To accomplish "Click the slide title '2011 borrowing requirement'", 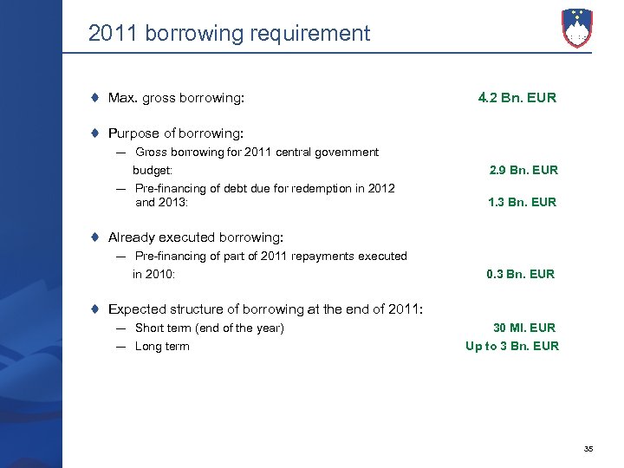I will coord(229,34).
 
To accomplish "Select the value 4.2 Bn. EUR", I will coord(517,98).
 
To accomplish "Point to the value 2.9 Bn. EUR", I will coord(523,170).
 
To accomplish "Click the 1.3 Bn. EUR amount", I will coord(523,203).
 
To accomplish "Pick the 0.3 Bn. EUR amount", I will coord(520,274).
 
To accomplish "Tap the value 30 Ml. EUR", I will coord(524,328).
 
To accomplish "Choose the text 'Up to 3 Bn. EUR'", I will coord(512,346).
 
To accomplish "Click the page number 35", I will coord(588,448).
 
